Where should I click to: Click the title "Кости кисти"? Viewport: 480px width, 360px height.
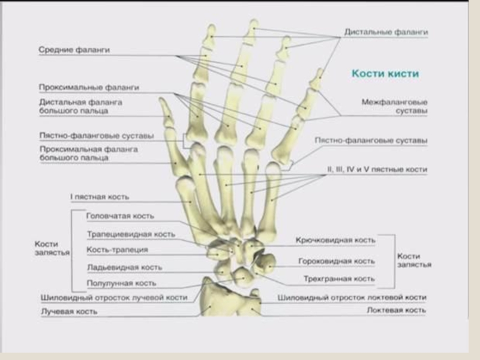385,73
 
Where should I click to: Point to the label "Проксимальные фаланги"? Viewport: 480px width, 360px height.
89,88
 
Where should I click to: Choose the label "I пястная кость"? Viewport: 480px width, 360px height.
100,197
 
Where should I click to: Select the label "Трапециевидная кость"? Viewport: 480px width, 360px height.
131,234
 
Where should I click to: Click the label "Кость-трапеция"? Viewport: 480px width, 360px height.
117,250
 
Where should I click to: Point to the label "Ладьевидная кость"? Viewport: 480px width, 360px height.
124,267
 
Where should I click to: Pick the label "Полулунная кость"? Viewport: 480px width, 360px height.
121,283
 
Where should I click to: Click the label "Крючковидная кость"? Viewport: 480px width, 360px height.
335,241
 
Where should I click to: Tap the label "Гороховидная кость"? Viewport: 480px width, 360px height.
337,261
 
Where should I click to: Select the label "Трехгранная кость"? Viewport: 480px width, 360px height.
340,279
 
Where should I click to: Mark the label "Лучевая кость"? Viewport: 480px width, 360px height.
69,312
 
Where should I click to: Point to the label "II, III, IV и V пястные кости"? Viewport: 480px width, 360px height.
376,170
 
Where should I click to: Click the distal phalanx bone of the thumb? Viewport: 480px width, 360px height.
164,113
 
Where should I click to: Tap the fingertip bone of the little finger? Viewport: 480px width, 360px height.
317,77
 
